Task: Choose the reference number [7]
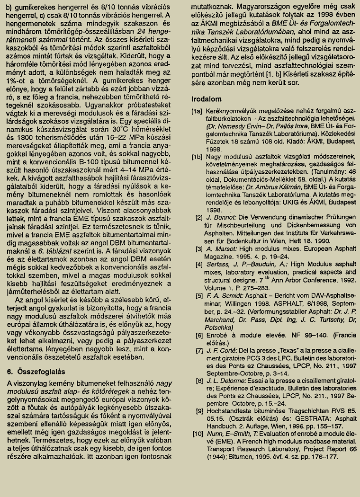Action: (199, 351)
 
